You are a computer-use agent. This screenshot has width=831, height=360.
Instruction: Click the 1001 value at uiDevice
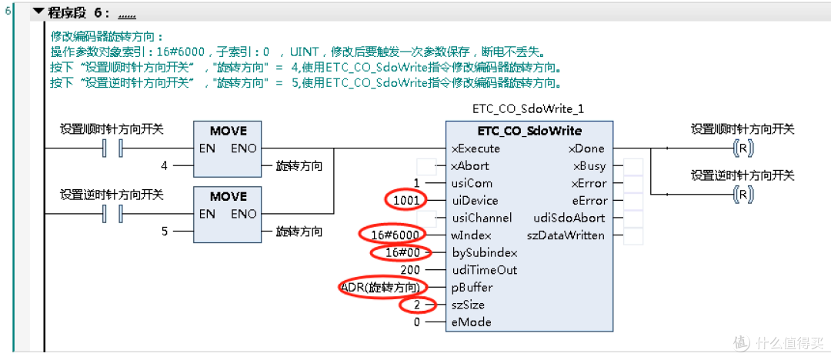[x=406, y=201]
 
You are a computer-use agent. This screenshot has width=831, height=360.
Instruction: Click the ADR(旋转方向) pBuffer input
[x=382, y=288]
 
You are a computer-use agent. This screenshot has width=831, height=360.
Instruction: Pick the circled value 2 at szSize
[x=416, y=305]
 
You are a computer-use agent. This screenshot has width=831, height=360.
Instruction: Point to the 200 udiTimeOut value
[x=410, y=270]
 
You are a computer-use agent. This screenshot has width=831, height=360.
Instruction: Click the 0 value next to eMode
[x=416, y=322]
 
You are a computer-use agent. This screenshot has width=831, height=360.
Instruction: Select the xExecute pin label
[x=476, y=148]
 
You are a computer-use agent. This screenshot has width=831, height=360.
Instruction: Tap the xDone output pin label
[x=586, y=148]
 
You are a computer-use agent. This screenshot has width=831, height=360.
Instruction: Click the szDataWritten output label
[x=566, y=235]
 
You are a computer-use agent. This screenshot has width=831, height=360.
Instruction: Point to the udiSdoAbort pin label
[x=569, y=218]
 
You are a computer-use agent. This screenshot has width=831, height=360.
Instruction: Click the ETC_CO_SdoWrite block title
[x=529, y=131]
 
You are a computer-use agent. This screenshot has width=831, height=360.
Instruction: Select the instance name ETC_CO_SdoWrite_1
[x=529, y=109]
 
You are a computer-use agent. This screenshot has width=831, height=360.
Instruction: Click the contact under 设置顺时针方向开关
[x=112, y=148]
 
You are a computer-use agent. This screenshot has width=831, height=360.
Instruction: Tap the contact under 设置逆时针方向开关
[x=112, y=214]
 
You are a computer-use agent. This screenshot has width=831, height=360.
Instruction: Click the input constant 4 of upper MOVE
[x=165, y=166]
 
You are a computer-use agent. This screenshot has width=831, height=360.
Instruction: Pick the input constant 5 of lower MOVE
[x=165, y=232]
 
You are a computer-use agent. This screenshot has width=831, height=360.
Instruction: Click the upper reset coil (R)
[x=743, y=149]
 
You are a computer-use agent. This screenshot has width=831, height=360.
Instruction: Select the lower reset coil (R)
[x=743, y=195]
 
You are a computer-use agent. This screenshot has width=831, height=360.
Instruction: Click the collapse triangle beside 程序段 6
[x=38, y=12]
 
